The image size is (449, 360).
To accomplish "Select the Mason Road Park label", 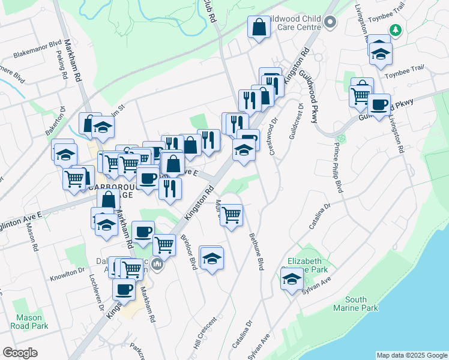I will pyautogui.click(x=29, y=322).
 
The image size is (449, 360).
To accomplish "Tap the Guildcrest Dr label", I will pyautogui.click(x=301, y=123).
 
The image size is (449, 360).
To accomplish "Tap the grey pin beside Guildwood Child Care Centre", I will pyautogui.click(x=330, y=23).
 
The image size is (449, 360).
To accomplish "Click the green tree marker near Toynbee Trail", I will pyautogui.click(x=395, y=29).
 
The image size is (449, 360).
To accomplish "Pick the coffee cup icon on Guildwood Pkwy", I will pyautogui.click(x=379, y=104).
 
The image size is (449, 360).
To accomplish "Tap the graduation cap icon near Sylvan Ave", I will pyautogui.click(x=292, y=278).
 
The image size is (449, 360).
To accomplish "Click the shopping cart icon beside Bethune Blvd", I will pyautogui.click(x=231, y=214).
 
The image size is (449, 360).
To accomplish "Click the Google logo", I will pyautogui.click(x=20, y=353).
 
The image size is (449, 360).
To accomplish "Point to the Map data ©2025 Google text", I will pyautogui.click(x=411, y=355).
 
